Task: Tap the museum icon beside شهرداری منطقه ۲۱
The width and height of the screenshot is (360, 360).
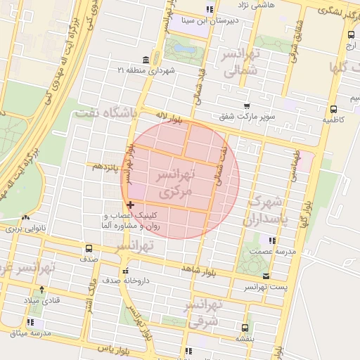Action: coord(145,59)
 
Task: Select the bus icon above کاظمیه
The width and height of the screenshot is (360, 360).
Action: coord(333,109)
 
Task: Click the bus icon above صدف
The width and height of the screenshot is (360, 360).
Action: coord(89,248)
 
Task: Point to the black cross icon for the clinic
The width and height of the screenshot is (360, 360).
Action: coord(130,205)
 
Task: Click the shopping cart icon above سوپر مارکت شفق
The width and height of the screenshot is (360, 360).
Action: coord(246,105)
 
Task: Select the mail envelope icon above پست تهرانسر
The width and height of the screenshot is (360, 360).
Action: coord(265,276)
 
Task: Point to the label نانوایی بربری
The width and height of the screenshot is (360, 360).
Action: coord(25,229)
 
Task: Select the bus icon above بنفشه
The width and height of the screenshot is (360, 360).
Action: coord(245,327)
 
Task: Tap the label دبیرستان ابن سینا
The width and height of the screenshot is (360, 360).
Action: coord(209,20)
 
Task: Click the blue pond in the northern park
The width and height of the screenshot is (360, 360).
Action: coord(184,49)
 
